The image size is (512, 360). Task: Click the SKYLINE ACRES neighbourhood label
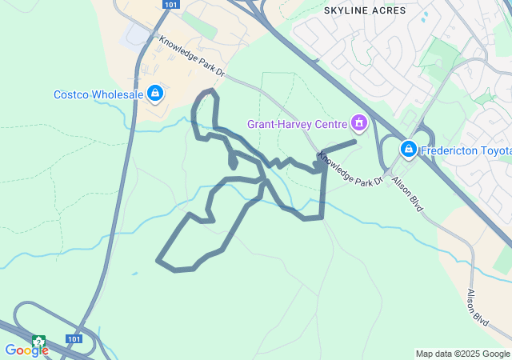[x=364, y=10]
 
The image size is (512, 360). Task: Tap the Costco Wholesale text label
[x=98, y=94]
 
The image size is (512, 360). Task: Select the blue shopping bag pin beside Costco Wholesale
[x=155, y=94]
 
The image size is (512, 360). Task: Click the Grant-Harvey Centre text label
[x=296, y=124]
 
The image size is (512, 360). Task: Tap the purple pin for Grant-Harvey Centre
[x=359, y=123]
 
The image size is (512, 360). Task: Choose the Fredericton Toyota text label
[x=466, y=149]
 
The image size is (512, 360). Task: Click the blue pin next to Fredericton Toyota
[x=409, y=148]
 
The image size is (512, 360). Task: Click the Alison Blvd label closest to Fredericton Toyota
[x=407, y=194]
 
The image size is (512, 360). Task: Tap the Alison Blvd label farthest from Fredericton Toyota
[x=478, y=306]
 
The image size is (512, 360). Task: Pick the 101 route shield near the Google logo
[x=74, y=339]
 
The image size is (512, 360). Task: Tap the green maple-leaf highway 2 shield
[x=38, y=342]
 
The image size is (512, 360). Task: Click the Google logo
[x=26, y=350]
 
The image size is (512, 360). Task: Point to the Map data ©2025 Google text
[x=462, y=354]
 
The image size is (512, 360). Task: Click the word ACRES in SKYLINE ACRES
[x=388, y=10]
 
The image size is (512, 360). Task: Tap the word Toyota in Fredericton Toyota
[x=494, y=149]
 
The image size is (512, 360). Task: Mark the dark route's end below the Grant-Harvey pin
[x=354, y=142]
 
